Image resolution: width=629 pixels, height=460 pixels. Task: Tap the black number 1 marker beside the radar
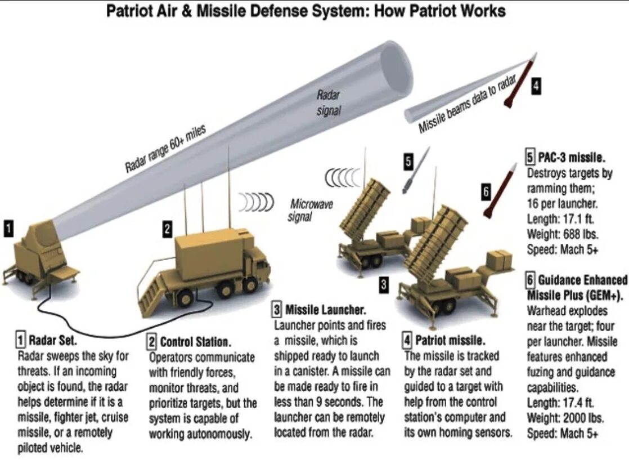pos(10,228)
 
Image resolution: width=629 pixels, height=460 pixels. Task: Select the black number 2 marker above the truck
pos(167,229)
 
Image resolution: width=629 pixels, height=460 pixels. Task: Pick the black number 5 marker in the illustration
pos(409,162)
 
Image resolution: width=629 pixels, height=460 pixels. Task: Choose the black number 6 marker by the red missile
pos(486,191)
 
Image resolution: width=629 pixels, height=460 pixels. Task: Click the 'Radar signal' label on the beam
pos(329,103)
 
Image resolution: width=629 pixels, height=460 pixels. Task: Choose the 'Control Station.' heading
pos(195,342)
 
